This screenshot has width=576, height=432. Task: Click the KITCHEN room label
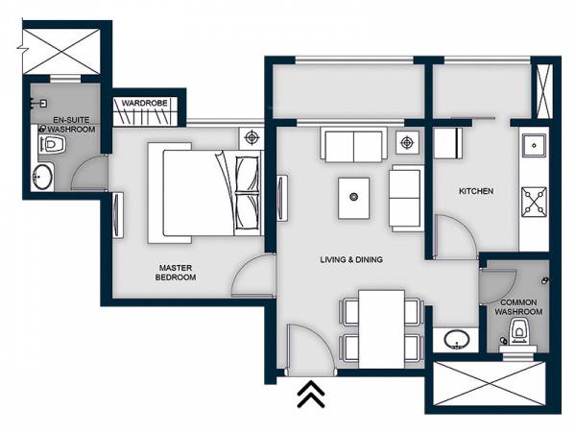point(475,191)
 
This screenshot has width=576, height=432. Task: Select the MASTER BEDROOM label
point(175,272)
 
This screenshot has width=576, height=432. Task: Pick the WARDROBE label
point(145,100)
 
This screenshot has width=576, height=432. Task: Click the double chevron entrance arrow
point(310,394)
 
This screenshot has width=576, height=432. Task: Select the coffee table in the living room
point(354,197)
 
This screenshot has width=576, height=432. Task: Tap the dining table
point(381,326)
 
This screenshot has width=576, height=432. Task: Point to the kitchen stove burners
point(534,202)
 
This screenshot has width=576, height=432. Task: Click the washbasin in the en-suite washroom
point(42,178)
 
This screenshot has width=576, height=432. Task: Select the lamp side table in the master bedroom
point(252,137)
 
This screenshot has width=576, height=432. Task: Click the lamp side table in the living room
point(406,143)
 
